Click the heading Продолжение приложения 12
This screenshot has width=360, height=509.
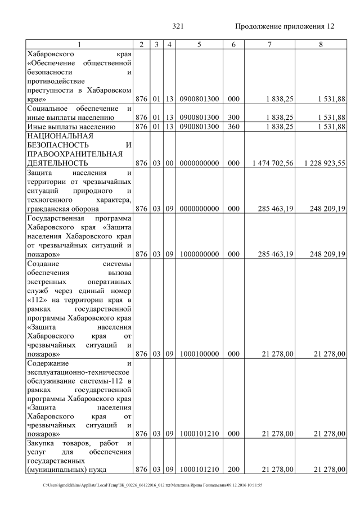click(x=284, y=26)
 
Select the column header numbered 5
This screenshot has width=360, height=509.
click(x=199, y=44)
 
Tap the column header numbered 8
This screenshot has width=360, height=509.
click(x=320, y=44)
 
